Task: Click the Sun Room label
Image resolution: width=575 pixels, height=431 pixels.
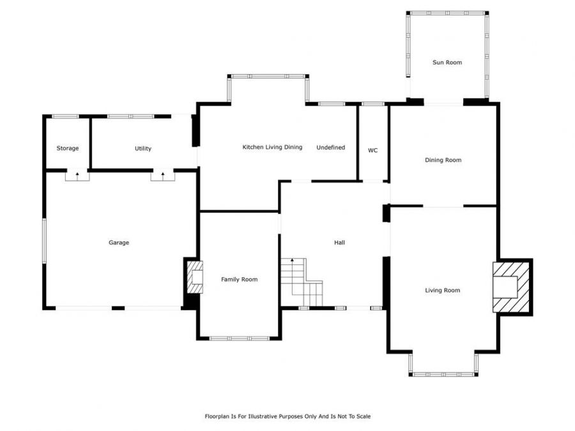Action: coord(447,63)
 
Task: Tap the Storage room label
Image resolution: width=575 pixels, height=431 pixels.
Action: coord(68,148)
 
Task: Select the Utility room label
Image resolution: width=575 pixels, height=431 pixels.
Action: coord(142,148)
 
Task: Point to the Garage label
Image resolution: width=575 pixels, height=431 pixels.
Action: coord(119,242)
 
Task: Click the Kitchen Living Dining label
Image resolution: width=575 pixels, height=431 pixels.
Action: coord(272,147)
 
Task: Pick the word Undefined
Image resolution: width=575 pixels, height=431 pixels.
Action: coord(330,147)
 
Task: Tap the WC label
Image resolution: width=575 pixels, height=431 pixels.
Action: coord(372,150)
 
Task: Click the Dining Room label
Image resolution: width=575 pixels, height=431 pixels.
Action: coord(443,160)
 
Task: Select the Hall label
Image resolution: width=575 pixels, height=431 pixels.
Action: coord(339,242)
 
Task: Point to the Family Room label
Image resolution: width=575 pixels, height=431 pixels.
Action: coord(239,279)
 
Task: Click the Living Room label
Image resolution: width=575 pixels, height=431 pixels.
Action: coord(442,291)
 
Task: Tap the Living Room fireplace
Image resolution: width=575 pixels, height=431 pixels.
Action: coord(512,287)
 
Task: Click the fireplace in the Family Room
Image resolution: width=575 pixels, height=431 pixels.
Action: coord(195,276)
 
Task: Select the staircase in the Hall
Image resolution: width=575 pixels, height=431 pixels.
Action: coord(302,282)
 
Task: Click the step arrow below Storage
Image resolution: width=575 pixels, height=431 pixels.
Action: coord(77,176)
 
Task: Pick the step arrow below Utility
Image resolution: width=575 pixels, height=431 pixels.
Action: coord(163,176)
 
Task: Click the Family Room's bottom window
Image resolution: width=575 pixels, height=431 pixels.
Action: coord(240,338)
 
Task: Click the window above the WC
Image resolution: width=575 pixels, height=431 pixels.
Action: coord(372,104)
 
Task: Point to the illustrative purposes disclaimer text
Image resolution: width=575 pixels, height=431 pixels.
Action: coord(287,416)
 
